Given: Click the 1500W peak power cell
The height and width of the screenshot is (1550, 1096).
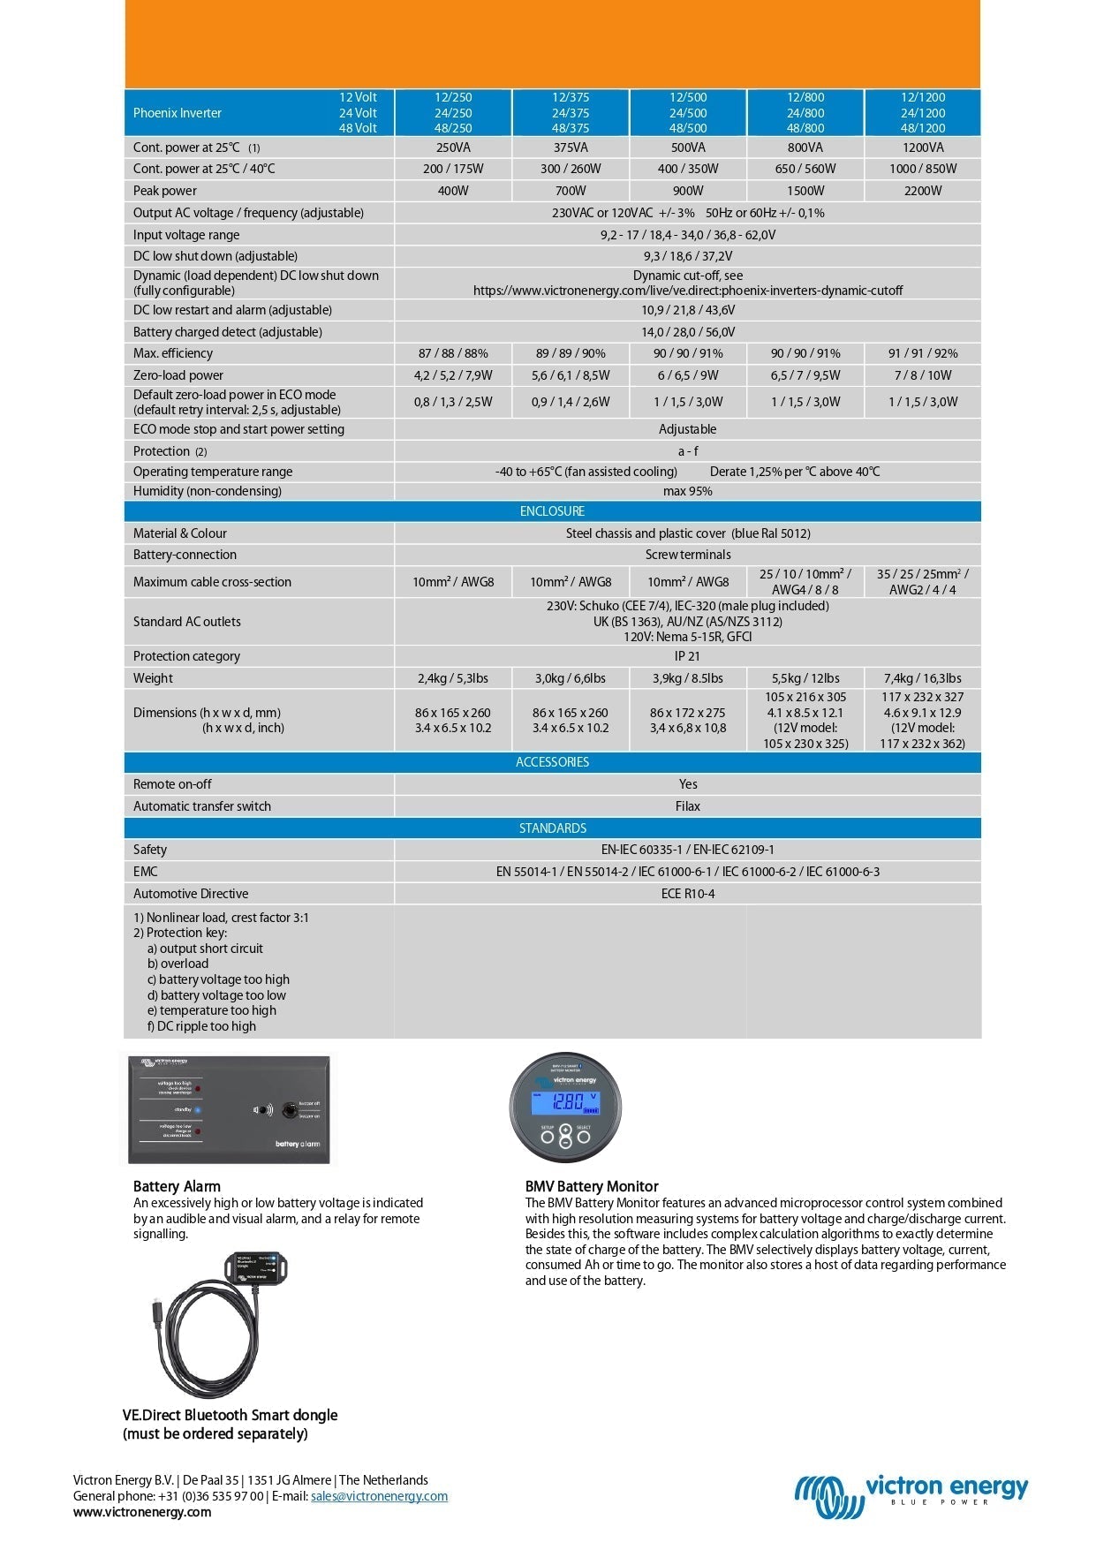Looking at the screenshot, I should (x=805, y=191).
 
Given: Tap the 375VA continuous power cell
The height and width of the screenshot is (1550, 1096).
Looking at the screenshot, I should (x=571, y=147).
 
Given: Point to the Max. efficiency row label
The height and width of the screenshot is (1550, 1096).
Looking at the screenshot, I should (x=173, y=353).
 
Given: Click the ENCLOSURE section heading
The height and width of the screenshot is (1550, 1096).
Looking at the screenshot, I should (x=552, y=511).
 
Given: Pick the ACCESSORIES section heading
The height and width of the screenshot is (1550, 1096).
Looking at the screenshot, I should (x=552, y=762).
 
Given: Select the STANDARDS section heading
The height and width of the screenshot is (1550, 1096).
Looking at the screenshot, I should (x=552, y=828).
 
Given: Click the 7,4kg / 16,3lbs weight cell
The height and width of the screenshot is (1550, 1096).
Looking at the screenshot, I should (x=922, y=678).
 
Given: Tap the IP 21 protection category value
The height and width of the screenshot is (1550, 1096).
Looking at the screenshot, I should (x=687, y=656).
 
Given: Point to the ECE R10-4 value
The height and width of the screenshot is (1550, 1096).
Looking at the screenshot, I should (x=687, y=894).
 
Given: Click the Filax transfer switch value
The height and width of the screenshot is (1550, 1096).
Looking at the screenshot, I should (x=687, y=806).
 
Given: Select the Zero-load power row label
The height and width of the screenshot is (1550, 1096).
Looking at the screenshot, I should (x=178, y=375).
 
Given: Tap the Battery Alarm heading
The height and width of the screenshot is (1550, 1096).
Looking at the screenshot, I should (x=177, y=1186).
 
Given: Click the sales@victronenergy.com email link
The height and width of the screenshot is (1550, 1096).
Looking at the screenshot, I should (x=379, y=1496).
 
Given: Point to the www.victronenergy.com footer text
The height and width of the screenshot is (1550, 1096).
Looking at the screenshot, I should (x=142, y=1512).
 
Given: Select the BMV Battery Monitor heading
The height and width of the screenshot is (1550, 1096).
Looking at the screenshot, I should (x=592, y=1186).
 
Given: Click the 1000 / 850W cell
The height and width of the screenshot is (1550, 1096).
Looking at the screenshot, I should (x=922, y=169).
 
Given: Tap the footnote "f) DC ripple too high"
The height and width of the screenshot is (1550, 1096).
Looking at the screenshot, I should (x=201, y=1026).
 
